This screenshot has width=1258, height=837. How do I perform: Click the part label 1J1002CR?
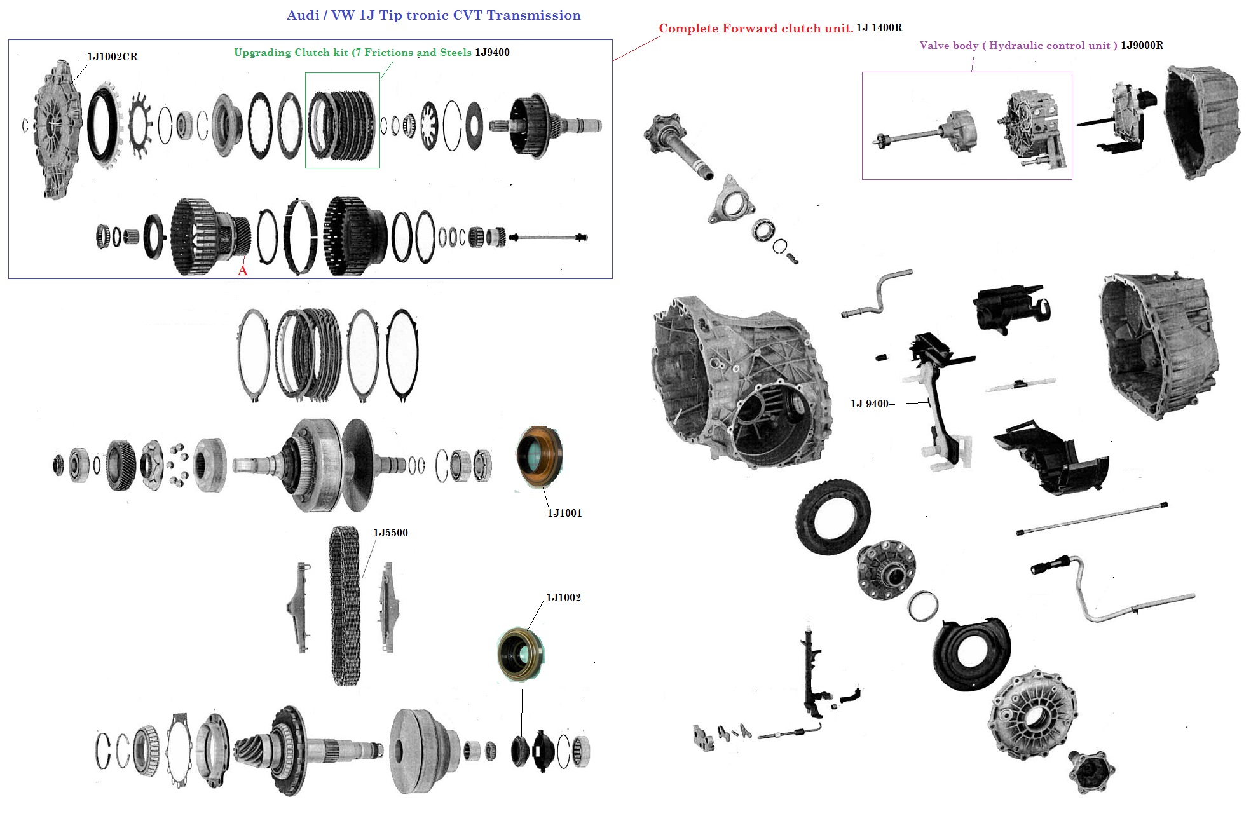click(112, 57)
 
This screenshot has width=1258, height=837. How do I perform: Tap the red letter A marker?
click(242, 271)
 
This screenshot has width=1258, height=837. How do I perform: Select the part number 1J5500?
click(390, 533)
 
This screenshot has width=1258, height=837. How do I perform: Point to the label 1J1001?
click(564, 513)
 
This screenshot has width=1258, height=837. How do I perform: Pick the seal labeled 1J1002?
click(521, 654)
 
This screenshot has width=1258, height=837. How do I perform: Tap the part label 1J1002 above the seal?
click(563, 597)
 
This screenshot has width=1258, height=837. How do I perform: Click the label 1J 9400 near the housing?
click(869, 404)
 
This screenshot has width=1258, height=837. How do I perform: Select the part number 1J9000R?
click(1142, 45)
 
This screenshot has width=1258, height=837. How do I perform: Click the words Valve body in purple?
click(948, 45)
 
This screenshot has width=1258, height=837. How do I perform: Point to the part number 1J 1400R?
click(879, 27)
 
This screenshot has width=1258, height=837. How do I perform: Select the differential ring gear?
click(833, 517)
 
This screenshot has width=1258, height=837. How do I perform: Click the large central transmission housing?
click(741, 378)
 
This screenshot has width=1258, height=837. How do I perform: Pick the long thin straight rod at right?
click(1091, 519)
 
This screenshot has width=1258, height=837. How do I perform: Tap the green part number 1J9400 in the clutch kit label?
click(492, 52)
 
